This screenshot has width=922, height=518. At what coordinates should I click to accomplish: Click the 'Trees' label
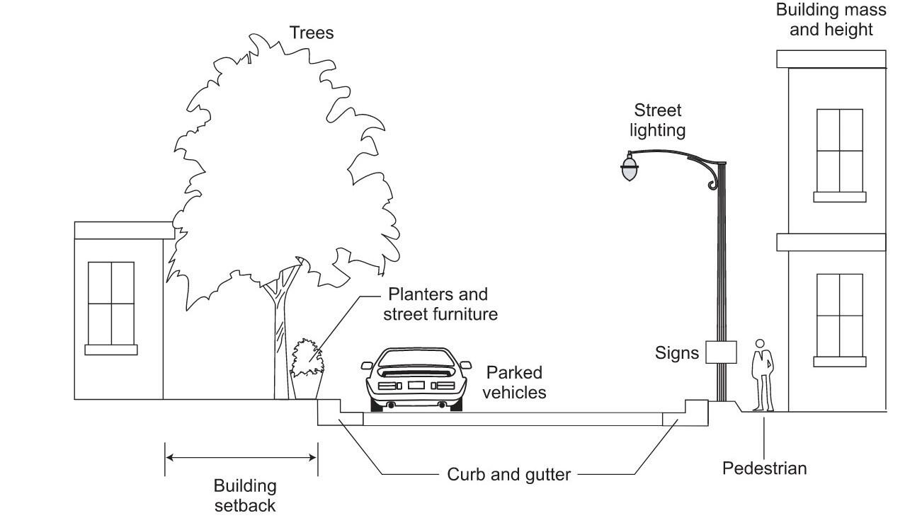pos(311,33)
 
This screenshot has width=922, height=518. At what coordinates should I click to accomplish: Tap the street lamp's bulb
pos(630,168)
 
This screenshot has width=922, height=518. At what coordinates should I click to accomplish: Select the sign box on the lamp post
pos(721,352)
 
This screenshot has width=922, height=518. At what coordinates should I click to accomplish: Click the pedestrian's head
pos(760,343)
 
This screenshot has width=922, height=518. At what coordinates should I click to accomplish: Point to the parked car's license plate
pos(416,386)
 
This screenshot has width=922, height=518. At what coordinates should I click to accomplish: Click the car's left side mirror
pos(367,365)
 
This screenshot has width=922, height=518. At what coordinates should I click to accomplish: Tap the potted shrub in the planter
pos(307,358)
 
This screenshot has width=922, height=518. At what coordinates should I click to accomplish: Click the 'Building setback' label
pos(245,495)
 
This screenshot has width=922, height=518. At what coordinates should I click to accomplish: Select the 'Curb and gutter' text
pos(508,474)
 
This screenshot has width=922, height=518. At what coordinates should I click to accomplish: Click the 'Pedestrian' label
pos(764,468)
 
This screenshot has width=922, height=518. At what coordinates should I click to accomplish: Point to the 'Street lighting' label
pos(657,120)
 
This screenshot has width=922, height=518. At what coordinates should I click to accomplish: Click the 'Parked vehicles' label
pos(514,382)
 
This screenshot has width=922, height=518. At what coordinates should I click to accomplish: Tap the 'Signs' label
pos(677,353)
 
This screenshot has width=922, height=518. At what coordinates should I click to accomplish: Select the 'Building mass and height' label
pos(831,19)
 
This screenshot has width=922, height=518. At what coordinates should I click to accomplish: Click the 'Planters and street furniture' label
pos(440,304)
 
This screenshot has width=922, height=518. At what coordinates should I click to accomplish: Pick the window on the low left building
pos(111,308)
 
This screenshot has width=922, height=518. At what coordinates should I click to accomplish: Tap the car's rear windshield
pos(416,358)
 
